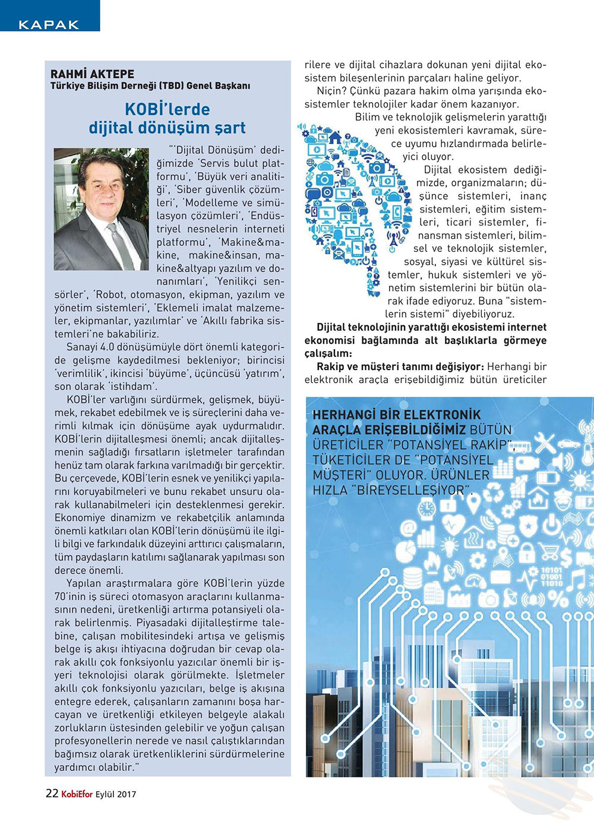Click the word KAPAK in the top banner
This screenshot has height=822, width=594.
[x=49, y=24]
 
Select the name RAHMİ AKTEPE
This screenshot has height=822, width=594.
[x=92, y=74]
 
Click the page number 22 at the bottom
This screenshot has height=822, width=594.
[x=52, y=793]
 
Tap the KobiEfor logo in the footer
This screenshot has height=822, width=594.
[x=77, y=794]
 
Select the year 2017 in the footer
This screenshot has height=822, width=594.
[x=126, y=794]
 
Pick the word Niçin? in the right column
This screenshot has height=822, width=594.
[x=331, y=91]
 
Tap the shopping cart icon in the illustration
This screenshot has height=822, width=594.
[x=548, y=552]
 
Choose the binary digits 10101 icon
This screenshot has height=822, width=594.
[x=552, y=576]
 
